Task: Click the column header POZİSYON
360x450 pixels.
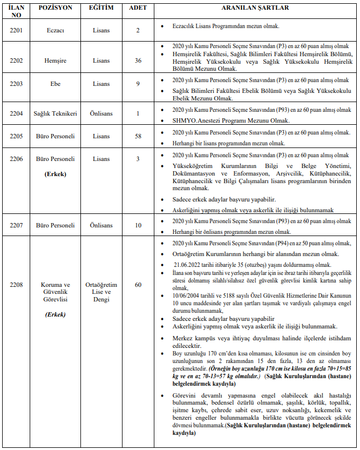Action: click(56, 9)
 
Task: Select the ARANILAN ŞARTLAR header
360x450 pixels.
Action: click(255, 9)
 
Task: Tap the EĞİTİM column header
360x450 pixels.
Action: click(101, 9)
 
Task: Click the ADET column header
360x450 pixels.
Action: click(138, 9)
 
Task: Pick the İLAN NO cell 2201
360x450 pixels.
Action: click(16, 31)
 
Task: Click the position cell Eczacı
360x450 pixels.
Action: click(56, 31)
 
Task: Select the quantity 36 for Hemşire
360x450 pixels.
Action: click(138, 61)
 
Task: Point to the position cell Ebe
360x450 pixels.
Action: click(56, 84)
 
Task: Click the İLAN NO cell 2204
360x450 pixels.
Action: click(16, 113)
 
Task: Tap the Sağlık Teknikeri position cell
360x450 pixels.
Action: click(56, 113)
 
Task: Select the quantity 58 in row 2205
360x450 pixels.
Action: click(138, 137)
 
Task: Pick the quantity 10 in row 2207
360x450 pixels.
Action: click(138, 225)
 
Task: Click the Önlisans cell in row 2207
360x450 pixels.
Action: click(101, 225)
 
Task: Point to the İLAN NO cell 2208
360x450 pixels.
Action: click(16, 285)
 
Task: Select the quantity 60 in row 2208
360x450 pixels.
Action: click(138, 285)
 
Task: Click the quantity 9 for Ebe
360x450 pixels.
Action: click(138, 84)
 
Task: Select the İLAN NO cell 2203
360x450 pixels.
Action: click(16, 84)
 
